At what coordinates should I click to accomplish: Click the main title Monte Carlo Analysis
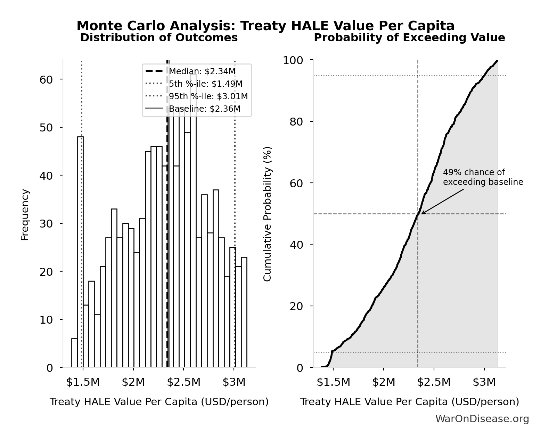(x=265, y=26)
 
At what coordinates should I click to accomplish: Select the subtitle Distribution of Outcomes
(x=159, y=37)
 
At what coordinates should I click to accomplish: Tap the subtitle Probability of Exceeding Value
(x=409, y=37)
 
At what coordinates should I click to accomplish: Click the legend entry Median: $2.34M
(x=202, y=71)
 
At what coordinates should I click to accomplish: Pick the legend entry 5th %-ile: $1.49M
(x=205, y=84)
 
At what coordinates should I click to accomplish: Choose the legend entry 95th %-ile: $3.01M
(x=208, y=96)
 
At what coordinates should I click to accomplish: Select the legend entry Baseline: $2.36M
(x=204, y=109)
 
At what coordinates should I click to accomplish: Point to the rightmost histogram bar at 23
(x=244, y=312)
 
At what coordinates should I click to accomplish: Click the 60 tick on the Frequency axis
(x=46, y=79)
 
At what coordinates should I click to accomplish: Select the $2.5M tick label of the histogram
(x=183, y=382)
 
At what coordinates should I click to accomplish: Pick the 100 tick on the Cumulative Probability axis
(x=293, y=60)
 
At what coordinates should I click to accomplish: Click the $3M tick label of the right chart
(x=484, y=382)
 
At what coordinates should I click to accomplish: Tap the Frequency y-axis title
(x=25, y=214)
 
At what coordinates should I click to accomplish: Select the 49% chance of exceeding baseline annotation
(x=483, y=177)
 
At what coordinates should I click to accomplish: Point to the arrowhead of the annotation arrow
(x=422, y=214)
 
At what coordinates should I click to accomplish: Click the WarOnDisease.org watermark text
(x=482, y=419)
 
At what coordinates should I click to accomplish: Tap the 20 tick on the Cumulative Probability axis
(x=296, y=306)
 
